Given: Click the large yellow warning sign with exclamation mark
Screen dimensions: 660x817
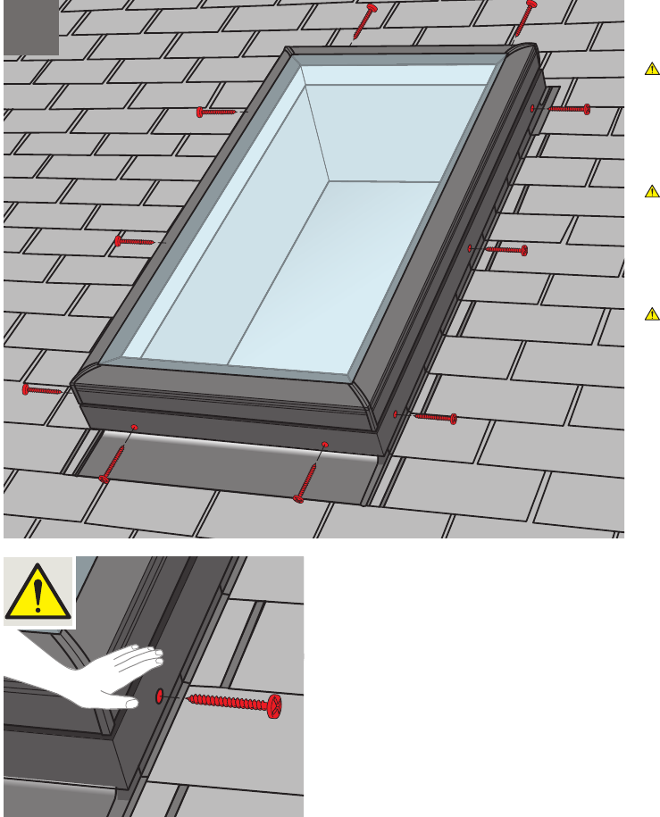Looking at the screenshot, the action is coord(38,590).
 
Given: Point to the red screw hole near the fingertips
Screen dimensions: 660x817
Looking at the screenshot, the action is coord(157,695).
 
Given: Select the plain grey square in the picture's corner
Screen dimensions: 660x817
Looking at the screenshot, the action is coord(31,28).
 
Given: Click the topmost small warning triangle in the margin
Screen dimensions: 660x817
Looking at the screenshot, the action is coord(652,69).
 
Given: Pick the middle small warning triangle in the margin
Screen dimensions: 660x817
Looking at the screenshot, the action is coord(652,191).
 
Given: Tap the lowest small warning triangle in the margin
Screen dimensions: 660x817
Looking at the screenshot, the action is coord(652,313).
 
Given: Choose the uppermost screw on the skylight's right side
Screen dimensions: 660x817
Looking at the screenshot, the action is coord(564,109).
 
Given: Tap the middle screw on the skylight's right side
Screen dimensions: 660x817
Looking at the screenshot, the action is coord(505,250).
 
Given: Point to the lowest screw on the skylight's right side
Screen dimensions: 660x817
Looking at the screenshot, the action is coord(433,417).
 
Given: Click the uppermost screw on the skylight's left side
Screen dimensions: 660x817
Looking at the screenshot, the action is coord(217,112).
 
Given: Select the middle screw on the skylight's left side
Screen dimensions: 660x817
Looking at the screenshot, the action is coord(135,241).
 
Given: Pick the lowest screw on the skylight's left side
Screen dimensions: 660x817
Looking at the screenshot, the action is coord(42,389).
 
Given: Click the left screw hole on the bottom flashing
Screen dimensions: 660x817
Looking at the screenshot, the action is coord(134,428).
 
